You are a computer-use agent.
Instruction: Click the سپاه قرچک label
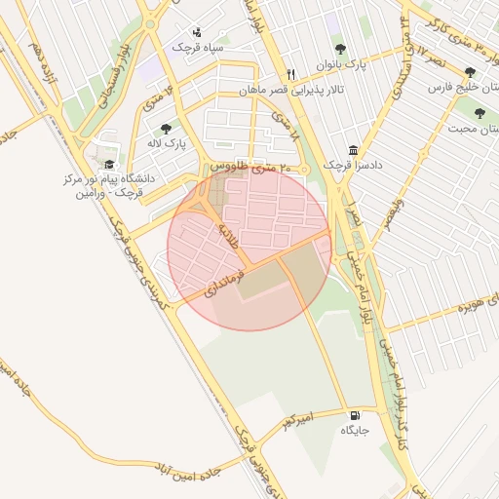[198, 47]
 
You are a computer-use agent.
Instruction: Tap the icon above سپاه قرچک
[198, 31]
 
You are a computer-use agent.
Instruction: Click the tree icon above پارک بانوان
[340, 50]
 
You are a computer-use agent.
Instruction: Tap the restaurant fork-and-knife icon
[290, 74]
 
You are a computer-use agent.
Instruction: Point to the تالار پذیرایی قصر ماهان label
[292, 91]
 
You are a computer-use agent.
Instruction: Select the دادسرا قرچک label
[352, 166]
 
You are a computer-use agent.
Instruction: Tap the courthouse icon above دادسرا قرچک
[352, 150]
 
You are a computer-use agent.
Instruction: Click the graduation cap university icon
[109, 165]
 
